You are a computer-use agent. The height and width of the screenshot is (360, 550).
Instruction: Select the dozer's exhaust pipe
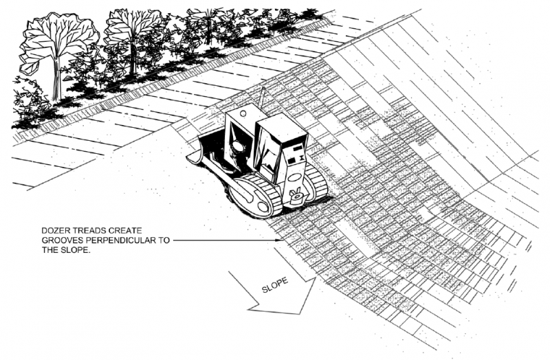(x=261, y=99)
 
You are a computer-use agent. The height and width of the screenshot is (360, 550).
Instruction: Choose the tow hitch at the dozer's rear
(x=295, y=196)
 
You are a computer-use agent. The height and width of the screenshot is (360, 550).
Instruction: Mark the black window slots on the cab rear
(x=296, y=151)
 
